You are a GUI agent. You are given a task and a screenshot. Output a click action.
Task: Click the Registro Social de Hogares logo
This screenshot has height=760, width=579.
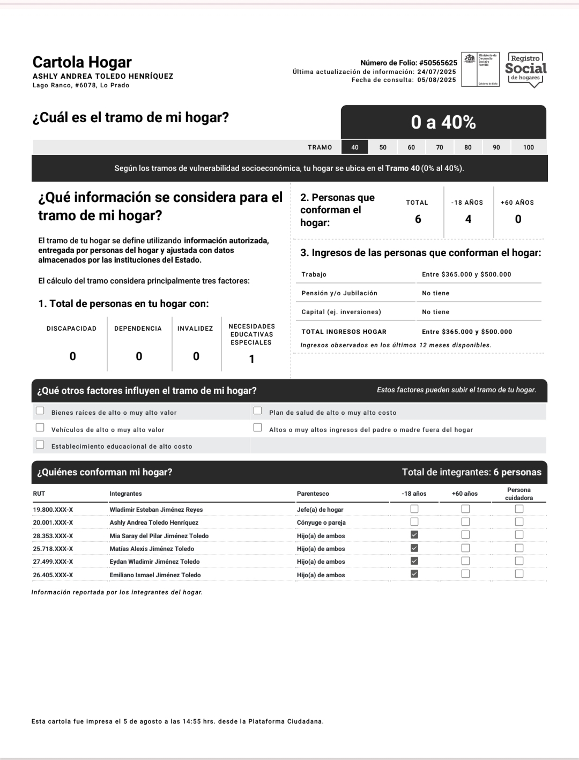coord(525,69)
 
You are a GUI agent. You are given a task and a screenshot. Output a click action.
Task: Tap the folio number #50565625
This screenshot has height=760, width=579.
coord(438,63)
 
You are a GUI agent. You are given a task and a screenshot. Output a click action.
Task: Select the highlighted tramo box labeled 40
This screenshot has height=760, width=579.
coord(355,147)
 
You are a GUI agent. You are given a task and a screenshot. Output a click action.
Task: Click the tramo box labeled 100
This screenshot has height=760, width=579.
coord(529,147)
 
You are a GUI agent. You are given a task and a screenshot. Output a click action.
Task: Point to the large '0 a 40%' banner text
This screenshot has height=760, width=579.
coord(443,123)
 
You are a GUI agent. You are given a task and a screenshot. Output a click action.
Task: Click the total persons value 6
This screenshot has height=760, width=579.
coord(418,219)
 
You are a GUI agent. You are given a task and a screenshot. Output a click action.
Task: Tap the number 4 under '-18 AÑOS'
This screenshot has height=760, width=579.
coord(468,219)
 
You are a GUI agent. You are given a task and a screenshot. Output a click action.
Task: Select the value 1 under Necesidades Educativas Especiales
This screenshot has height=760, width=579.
coord(251,359)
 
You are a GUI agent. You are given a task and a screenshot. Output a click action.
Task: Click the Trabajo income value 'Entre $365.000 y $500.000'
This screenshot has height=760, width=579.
coord(466,274)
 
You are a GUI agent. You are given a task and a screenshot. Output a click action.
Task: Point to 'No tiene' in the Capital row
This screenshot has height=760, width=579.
coord(435,312)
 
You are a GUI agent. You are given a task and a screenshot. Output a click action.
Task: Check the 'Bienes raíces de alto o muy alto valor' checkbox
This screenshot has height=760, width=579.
coord(40,411)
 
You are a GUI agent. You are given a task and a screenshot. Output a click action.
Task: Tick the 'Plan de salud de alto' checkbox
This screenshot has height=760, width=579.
coord(257,411)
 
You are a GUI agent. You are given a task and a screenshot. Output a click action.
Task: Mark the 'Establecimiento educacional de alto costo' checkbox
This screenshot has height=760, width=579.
coord(40,445)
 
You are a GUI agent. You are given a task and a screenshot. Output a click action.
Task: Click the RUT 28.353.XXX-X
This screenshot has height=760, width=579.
coord(53,536)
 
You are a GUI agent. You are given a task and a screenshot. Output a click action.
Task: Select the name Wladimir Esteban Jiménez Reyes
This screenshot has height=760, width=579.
coord(156,510)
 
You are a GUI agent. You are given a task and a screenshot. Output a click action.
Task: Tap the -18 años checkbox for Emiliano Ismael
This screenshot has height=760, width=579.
coord(414,574)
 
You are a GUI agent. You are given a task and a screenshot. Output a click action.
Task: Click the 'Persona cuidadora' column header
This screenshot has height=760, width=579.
coord(518,494)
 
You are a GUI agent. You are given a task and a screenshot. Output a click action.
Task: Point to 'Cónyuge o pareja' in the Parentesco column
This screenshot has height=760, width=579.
coord(321,523)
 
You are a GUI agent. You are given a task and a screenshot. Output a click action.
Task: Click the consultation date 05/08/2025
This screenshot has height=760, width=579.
coord(436,80)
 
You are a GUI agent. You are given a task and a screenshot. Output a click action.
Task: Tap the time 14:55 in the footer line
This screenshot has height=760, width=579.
coord(191,721)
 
